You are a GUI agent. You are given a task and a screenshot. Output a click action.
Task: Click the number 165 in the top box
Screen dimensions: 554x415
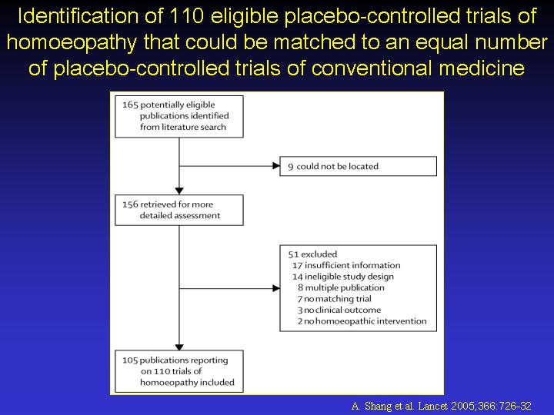(x=130, y=105)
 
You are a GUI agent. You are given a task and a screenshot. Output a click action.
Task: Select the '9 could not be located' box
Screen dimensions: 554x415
(x=358, y=166)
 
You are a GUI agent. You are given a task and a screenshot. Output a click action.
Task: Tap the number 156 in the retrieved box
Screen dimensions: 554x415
(x=130, y=204)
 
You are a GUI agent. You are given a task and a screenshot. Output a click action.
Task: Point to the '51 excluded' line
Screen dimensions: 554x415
(x=312, y=254)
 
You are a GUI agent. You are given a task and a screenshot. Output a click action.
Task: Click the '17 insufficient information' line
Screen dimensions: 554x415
(x=346, y=265)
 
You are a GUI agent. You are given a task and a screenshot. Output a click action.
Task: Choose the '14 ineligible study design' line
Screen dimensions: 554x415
(x=342, y=277)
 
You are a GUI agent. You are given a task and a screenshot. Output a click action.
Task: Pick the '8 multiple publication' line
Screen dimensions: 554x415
(x=341, y=287)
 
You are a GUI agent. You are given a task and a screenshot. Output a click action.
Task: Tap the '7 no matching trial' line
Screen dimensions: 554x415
(x=334, y=299)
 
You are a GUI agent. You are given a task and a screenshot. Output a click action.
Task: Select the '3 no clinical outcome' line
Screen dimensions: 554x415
(x=339, y=310)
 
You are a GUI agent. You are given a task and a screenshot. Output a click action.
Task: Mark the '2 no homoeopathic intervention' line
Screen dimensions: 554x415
(x=362, y=321)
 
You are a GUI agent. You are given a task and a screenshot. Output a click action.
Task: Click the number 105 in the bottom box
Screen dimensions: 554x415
(x=130, y=360)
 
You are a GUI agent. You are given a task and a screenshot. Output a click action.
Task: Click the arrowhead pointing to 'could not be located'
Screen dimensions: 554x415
(x=276, y=166)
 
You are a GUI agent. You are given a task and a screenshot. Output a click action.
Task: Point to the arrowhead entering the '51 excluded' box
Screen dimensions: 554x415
(x=276, y=289)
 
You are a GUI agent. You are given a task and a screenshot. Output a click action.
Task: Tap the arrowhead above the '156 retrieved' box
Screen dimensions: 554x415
(x=179, y=191)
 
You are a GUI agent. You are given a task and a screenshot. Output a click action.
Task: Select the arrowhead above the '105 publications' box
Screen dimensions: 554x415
(x=179, y=347)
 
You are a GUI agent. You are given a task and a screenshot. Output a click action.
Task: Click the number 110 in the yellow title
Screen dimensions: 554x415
(x=186, y=16)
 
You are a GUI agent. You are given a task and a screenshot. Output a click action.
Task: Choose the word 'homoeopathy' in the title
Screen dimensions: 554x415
(x=72, y=42)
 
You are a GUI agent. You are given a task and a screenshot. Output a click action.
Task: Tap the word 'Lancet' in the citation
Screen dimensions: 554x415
(x=433, y=406)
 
